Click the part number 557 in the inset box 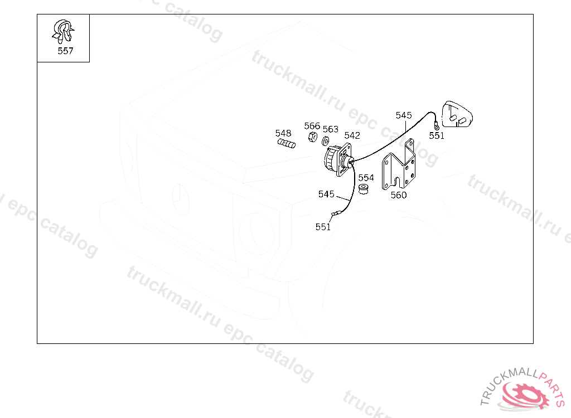[x=66, y=51]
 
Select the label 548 [x=283, y=133]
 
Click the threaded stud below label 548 [x=287, y=144]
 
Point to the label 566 [x=312, y=126]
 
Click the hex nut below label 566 [x=312, y=137]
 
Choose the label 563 [x=331, y=129]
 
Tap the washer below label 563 [x=326, y=140]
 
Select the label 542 [x=352, y=135]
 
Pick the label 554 [x=366, y=178]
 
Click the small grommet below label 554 [x=364, y=189]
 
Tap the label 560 [x=399, y=195]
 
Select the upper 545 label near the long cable [x=404, y=115]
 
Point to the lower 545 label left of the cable [x=326, y=194]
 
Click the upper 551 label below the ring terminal [x=437, y=136]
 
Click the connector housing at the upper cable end [x=457, y=115]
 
